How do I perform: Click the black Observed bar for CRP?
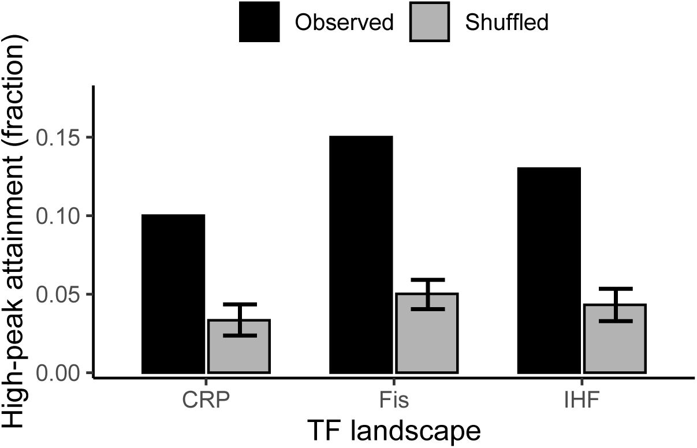173,294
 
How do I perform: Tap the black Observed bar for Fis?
361,255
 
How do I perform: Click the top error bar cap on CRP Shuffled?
238,304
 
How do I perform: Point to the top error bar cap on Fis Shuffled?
427,279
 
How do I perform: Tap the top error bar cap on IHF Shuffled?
615,288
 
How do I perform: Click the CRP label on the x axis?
206,399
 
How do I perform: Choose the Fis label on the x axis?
394,399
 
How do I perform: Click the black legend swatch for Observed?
259,22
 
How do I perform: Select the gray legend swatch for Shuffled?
430,22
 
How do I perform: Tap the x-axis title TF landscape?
393,431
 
